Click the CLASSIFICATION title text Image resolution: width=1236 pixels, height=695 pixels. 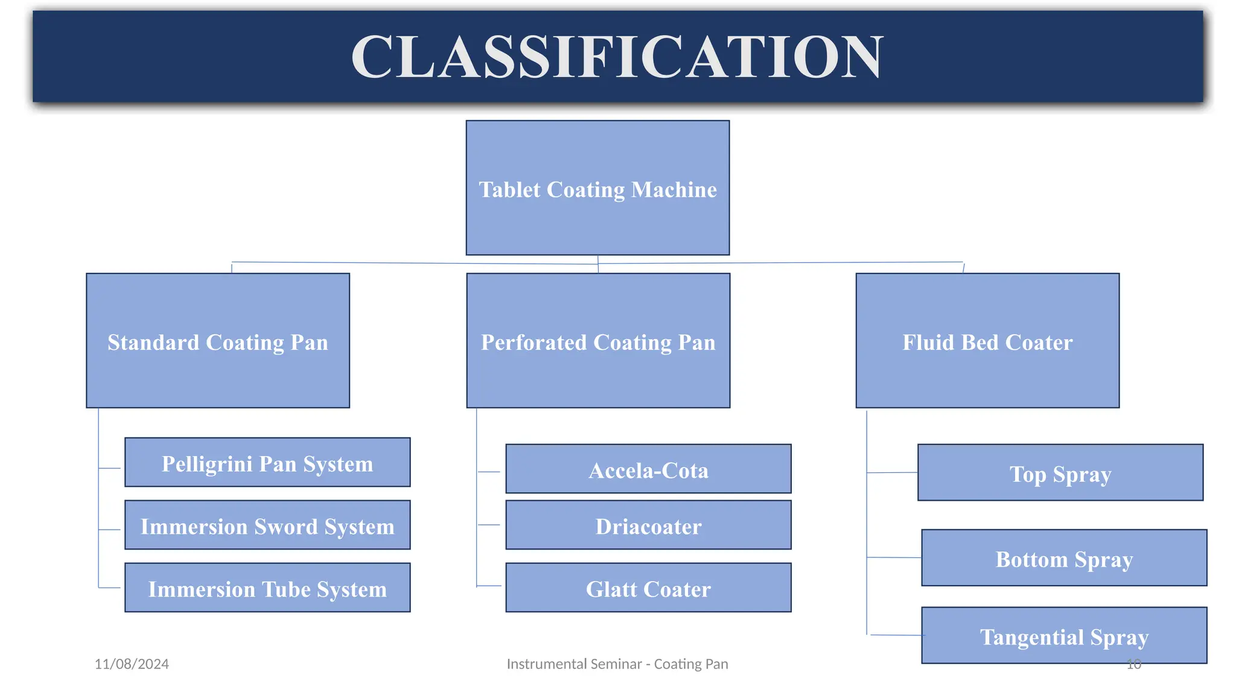pos(617,57)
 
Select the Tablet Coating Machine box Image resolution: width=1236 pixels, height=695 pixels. pos(597,188)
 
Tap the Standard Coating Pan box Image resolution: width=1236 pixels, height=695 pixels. pos(218,341)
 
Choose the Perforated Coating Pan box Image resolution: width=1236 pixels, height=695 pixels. pos(598,341)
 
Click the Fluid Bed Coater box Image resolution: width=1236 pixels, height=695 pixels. pos(987,341)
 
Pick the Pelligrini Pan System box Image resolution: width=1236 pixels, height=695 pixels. pos(267,463)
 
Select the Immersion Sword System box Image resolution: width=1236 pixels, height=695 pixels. pos(267,525)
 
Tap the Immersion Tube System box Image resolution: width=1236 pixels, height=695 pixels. pos(267,588)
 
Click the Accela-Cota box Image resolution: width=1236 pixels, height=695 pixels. pos(648,469)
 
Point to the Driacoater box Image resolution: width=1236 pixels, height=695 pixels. pos(648,525)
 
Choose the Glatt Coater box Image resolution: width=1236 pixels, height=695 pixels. pos(648,588)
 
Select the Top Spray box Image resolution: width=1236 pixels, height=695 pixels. pos(1060,473)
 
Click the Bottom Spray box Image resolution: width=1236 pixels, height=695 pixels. pos(1064,558)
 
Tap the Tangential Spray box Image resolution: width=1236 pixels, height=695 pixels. pos(1064,636)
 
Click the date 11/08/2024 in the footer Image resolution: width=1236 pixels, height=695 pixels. pos(132,664)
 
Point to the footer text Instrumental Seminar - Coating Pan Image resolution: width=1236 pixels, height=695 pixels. pos(617,664)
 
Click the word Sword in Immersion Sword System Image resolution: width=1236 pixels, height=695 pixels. pos(285,527)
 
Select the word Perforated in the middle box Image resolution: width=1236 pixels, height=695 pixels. pos(534,343)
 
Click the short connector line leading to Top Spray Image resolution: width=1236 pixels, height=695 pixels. pos(892,472)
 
